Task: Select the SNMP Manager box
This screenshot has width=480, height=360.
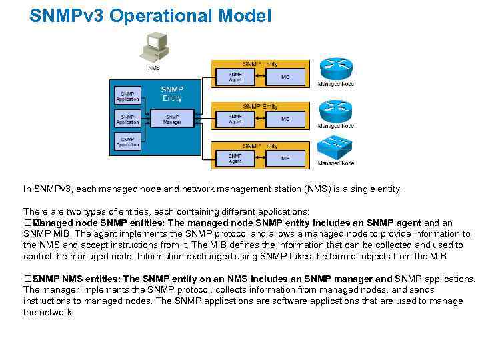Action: tap(172, 119)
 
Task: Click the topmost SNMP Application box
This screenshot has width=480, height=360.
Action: tap(127, 96)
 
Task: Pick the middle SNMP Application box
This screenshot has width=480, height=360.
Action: tap(127, 119)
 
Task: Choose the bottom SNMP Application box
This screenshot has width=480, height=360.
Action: tap(127, 142)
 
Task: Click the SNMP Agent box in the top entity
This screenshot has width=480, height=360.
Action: tap(235, 77)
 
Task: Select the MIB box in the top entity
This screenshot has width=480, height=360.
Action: tap(285, 77)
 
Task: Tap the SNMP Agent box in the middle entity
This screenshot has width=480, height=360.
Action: tap(235, 119)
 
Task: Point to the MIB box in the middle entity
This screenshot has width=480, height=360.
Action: tap(285, 119)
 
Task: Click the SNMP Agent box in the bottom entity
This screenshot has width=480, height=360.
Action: tap(235, 159)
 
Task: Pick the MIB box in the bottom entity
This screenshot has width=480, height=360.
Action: tap(285, 159)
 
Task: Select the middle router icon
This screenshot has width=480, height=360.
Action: tap(335, 110)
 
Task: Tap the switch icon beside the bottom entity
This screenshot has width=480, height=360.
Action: tap(335, 148)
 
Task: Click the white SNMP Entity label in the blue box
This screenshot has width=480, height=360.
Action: tap(172, 93)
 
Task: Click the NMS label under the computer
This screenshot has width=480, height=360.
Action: tap(154, 67)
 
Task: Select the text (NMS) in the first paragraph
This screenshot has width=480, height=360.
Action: tap(317, 189)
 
